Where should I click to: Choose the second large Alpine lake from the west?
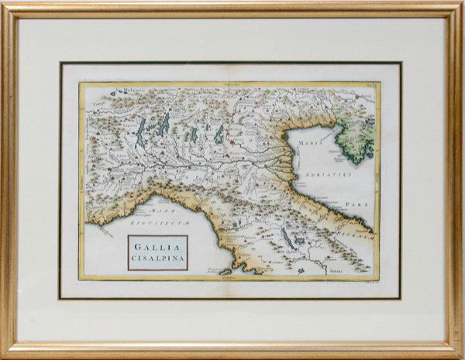pos(164,123)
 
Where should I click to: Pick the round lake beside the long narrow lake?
pos(299,250)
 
